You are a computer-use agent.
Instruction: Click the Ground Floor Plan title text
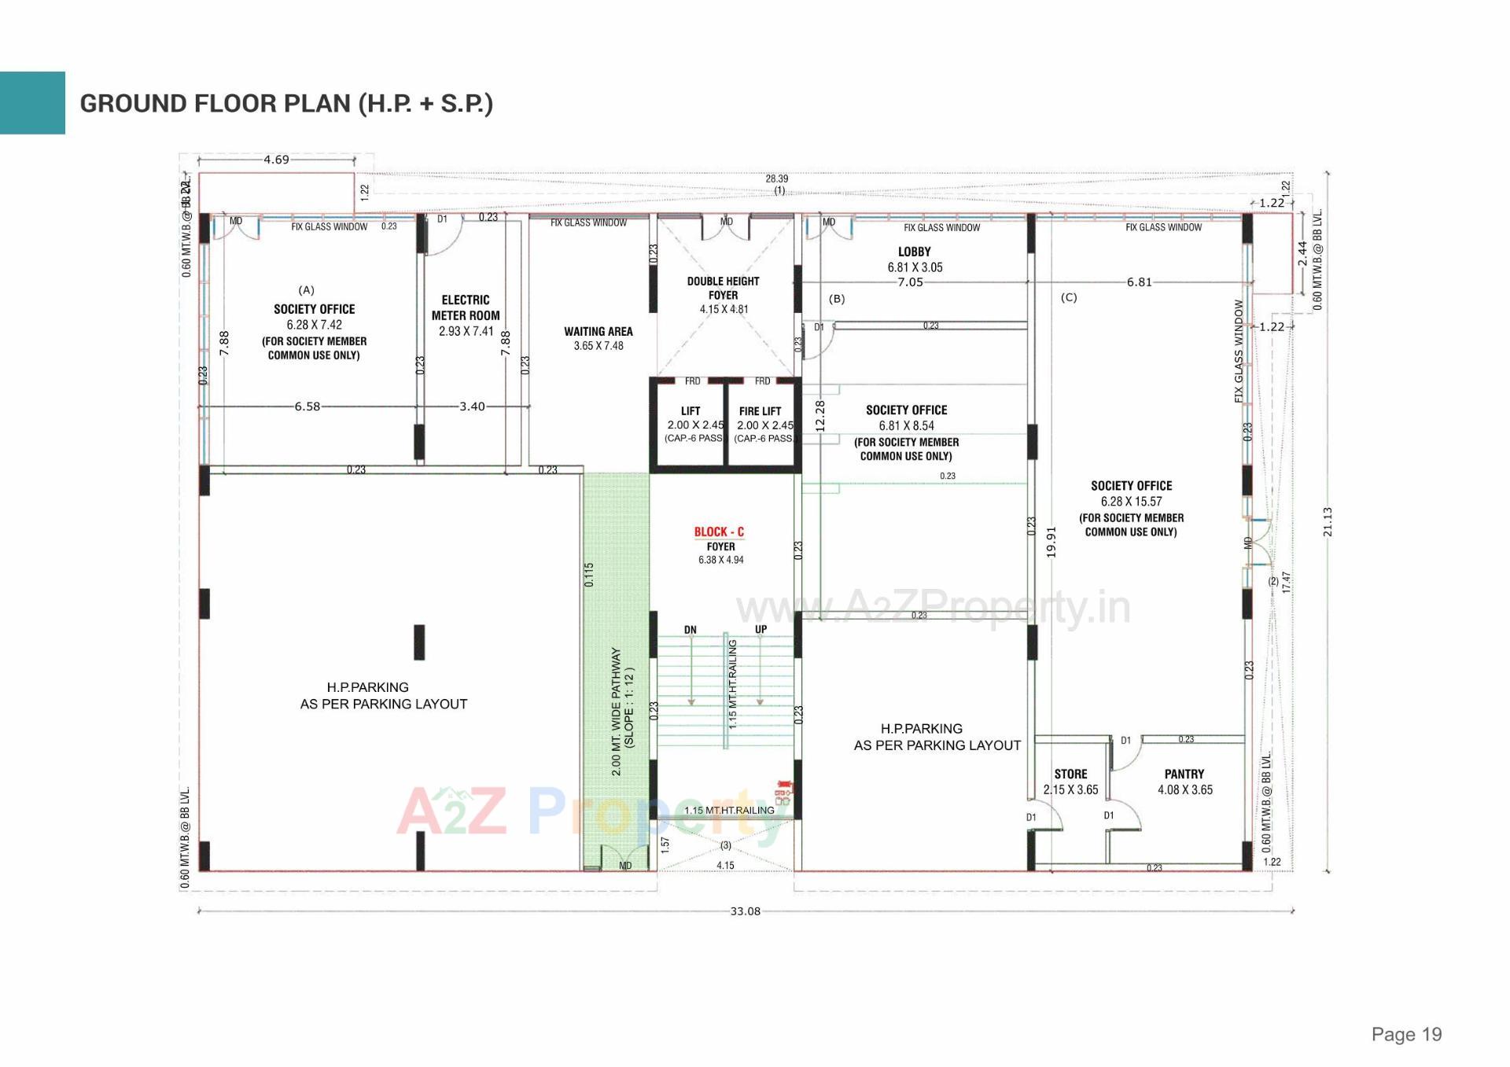(286, 104)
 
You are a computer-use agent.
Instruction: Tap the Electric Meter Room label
(466, 307)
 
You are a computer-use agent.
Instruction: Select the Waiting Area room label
(598, 332)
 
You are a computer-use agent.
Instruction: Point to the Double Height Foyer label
(723, 289)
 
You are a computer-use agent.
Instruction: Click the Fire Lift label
(760, 411)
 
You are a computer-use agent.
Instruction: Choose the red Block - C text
(719, 532)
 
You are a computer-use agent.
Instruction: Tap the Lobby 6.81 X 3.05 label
(915, 259)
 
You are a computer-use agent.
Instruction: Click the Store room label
(1070, 774)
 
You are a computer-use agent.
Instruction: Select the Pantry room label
(1184, 774)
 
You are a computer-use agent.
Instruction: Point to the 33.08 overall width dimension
(746, 911)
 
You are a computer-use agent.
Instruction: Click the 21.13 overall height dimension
(1328, 521)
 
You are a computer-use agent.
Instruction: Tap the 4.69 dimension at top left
(276, 160)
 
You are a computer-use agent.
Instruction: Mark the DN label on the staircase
(690, 630)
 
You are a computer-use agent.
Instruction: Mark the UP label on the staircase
(761, 630)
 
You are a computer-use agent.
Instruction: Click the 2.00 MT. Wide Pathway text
(617, 712)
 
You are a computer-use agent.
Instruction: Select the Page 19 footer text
(1406, 1035)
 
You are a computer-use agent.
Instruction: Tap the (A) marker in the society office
(307, 290)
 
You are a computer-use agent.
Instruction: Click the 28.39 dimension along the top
(777, 178)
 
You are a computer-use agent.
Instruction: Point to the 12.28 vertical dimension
(820, 415)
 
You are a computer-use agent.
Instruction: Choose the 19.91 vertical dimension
(1051, 542)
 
